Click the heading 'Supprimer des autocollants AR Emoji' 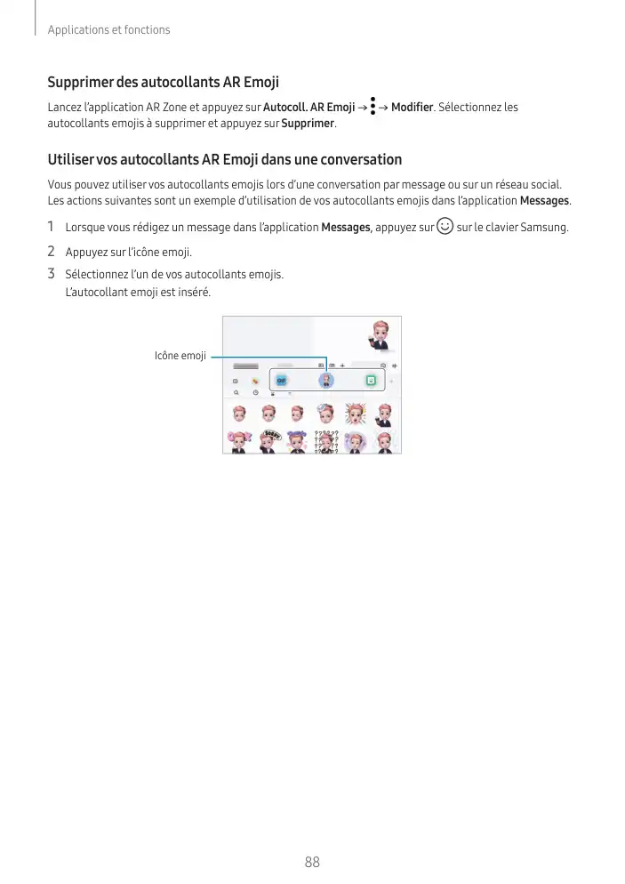[163, 83]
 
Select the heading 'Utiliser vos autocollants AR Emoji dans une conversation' [224, 160]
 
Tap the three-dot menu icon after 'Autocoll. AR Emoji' [372, 108]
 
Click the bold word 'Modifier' [412, 108]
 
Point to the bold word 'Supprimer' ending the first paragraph [308, 123]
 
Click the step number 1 [52, 227]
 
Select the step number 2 [52, 252]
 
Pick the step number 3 [52, 274]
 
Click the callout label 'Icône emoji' [180, 356]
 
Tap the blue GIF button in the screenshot [281, 380]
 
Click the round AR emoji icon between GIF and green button [326, 380]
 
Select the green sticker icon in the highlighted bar [371, 380]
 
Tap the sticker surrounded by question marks [326, 441]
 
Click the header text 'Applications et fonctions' [108, 30]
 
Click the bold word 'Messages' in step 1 [345, 228]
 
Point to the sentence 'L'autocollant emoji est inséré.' [139, 292]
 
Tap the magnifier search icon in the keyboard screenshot [236, 391]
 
